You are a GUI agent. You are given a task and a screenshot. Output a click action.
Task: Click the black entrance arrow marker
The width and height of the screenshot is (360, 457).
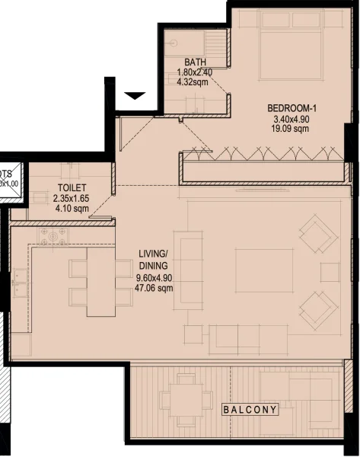click(135, 96)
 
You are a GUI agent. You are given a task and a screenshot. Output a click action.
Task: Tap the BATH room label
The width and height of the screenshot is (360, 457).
click(196, 64)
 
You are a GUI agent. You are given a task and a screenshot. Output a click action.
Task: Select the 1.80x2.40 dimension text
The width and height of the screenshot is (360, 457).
click(195, 74)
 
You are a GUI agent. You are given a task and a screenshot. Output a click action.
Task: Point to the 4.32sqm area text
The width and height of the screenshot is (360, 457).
click(195, 84)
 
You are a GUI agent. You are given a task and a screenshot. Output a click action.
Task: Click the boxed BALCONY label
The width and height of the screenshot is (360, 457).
click(250, 410)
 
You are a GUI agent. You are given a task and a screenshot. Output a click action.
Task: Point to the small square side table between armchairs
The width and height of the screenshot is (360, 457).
click(330, 271)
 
